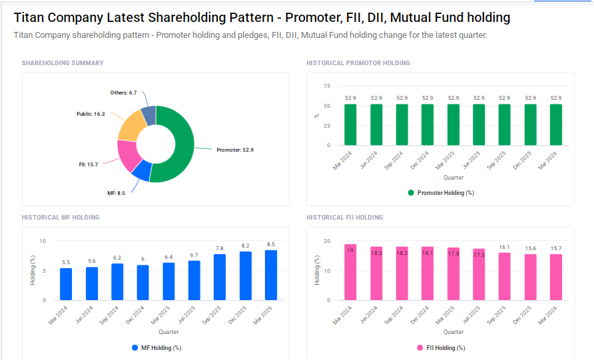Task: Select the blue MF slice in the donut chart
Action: coord(141,171)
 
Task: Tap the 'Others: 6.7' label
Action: coord(123,92)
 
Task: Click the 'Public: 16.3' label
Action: coord(90,114)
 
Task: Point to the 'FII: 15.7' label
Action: coord(88,164)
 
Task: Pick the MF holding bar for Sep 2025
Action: coord(220,277)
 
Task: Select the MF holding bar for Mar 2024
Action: coord(66,284)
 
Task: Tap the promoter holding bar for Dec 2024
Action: coord(428,124)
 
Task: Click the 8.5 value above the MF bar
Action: coord(271,244)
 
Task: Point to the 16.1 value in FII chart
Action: coord(504,247)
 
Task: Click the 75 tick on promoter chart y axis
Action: coord(326,86)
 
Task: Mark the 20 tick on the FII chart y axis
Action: coord(326,241)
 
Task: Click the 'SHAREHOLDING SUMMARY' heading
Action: coord(63,63)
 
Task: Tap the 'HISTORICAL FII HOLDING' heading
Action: coord(344,218)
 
